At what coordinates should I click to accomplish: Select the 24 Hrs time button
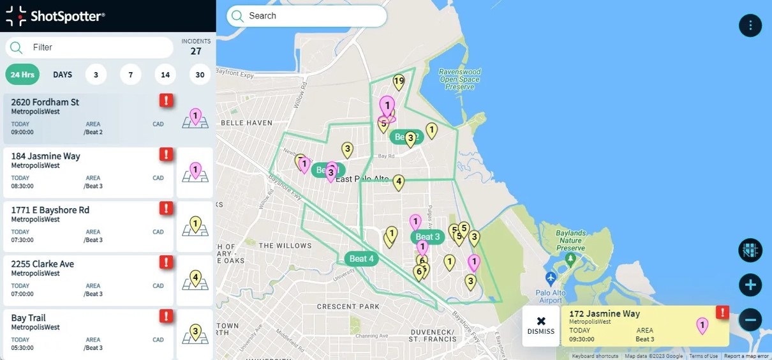[22, 75]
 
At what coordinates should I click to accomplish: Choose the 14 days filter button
[165, 75]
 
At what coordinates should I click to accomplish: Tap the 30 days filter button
[200, 75]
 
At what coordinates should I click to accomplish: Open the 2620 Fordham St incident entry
[45, 102]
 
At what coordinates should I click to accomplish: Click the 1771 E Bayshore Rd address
[50, 210]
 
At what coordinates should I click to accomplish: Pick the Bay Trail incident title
[28, 318]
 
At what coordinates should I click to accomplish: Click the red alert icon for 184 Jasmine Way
[166, 154]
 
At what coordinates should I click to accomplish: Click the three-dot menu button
[750, 26]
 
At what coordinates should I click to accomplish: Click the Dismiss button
[541, 326]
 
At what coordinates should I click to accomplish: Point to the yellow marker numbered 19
[399, 82]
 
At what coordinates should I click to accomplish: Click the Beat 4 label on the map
[362, 259]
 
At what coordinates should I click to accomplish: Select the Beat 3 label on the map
[427, 237]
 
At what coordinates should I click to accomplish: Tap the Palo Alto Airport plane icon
[551, 279]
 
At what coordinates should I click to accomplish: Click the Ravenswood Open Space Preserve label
[459, 80]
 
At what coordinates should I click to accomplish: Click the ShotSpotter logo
[56, 16]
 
